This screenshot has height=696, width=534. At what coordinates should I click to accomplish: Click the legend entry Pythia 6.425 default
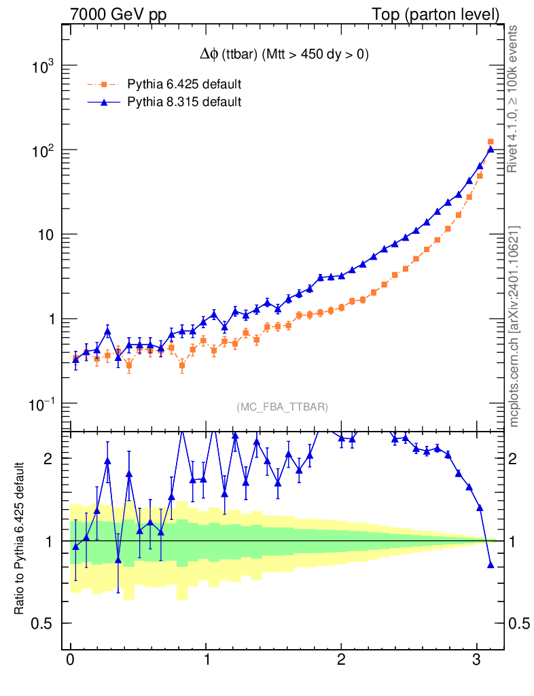point(184,85)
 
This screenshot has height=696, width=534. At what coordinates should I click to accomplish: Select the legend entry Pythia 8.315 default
point(184,103)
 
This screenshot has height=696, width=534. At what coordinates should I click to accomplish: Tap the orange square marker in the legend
point(104,85)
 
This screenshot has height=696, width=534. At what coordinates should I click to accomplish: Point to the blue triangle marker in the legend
point(104,103)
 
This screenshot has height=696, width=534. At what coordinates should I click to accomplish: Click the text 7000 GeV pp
point(123,14)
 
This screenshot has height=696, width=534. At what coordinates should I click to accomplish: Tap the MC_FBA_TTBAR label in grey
point(282,407)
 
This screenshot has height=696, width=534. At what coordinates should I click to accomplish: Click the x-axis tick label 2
point(342,660)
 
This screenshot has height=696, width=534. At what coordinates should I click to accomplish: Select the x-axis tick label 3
point(477,660)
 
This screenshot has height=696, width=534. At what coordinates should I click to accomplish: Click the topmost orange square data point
point(491,142)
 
